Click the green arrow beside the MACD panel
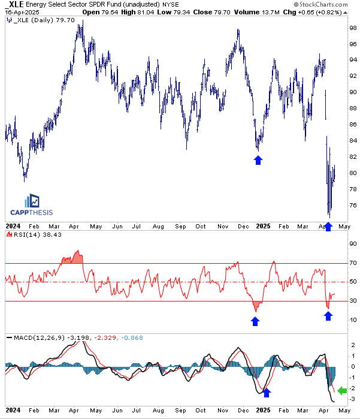pyautogui.click(x=342, y=390)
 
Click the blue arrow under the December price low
pyautogui.click(x=258, y=160)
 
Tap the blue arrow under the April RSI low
pyautogui.click(x=328, y=316)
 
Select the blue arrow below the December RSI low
pyautogui.click(x=255, y=321)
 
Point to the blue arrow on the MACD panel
pyautogui.click(x=267, y=393)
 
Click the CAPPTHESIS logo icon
pyautogui.click(x=32, y=201)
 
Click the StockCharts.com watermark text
pyautogui.click(x=320, y=4)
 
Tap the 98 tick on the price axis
pyautogui.click(x=353, y=28)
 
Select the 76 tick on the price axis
pyautogui.click(x=353, y=206)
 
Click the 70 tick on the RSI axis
pyautogui.click(x=353, y=263)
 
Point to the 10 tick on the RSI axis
pyautogui.click(x=353, y=320)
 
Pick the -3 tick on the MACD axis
pyautogui.click(x=352, y=399)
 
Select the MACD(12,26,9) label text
pyautogui.click(x=39, y=337)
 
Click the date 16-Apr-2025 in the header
pyautogui.click(x=22, y=13)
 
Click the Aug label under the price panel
pyautogui.click(x=158, y=227)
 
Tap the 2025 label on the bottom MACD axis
pyautogui.click(x=264, y=410)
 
